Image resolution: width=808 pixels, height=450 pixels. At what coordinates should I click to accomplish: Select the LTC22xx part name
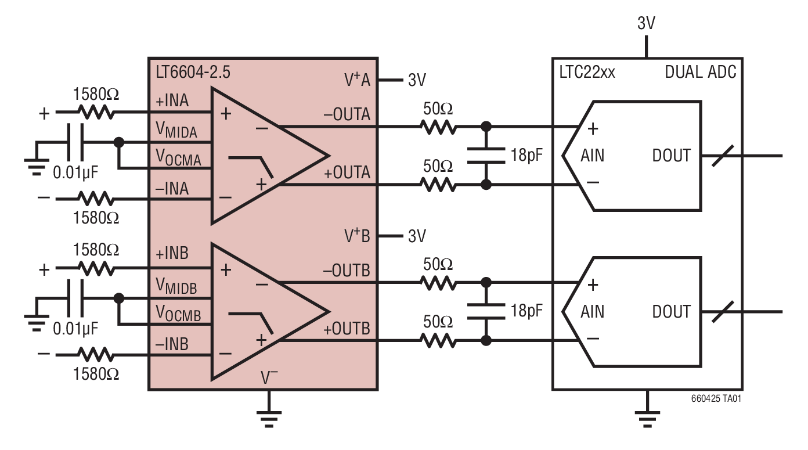tap(587, 73)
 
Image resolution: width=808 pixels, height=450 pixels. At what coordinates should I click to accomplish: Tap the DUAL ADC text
tap(700, 73)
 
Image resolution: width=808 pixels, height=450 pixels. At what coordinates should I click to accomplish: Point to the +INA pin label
tap(172, 101)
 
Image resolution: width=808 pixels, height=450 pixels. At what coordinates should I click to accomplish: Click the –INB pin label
tap(172, 344)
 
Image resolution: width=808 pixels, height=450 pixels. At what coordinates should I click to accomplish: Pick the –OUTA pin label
tap(346, 114)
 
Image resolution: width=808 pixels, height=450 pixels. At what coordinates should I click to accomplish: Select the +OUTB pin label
tap(347, 329)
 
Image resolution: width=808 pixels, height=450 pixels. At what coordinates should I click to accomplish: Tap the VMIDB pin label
tap(176, 286)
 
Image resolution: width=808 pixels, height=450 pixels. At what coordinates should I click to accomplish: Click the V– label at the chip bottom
tap(269, 378)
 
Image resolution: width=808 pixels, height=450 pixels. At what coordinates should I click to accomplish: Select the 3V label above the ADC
tap(646, 23)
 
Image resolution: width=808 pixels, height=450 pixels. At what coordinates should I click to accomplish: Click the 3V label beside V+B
tap(417, 236)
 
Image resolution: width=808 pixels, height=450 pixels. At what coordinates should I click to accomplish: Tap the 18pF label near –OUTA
tap(526, 155)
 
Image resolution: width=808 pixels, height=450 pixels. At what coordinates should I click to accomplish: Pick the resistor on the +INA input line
tap(96, 113)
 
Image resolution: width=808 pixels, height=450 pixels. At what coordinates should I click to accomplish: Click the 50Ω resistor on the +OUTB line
tap(439, 341)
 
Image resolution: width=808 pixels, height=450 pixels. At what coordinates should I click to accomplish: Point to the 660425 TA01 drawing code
tap(716, 399)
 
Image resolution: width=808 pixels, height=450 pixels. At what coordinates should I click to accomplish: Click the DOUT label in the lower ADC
tap(671, 312)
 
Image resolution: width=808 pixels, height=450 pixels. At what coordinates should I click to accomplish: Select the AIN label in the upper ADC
tap(592, 156)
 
